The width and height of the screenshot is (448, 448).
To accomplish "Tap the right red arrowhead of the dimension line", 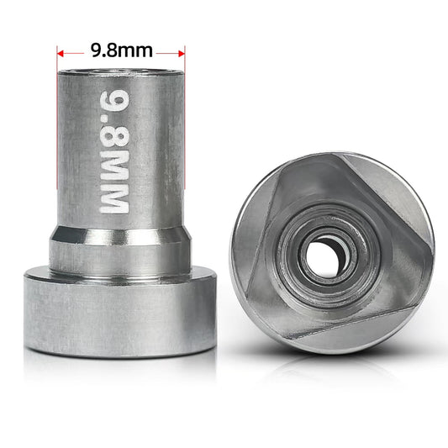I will pos(181,51).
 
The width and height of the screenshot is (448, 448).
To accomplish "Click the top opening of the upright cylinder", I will pos(121,74).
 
